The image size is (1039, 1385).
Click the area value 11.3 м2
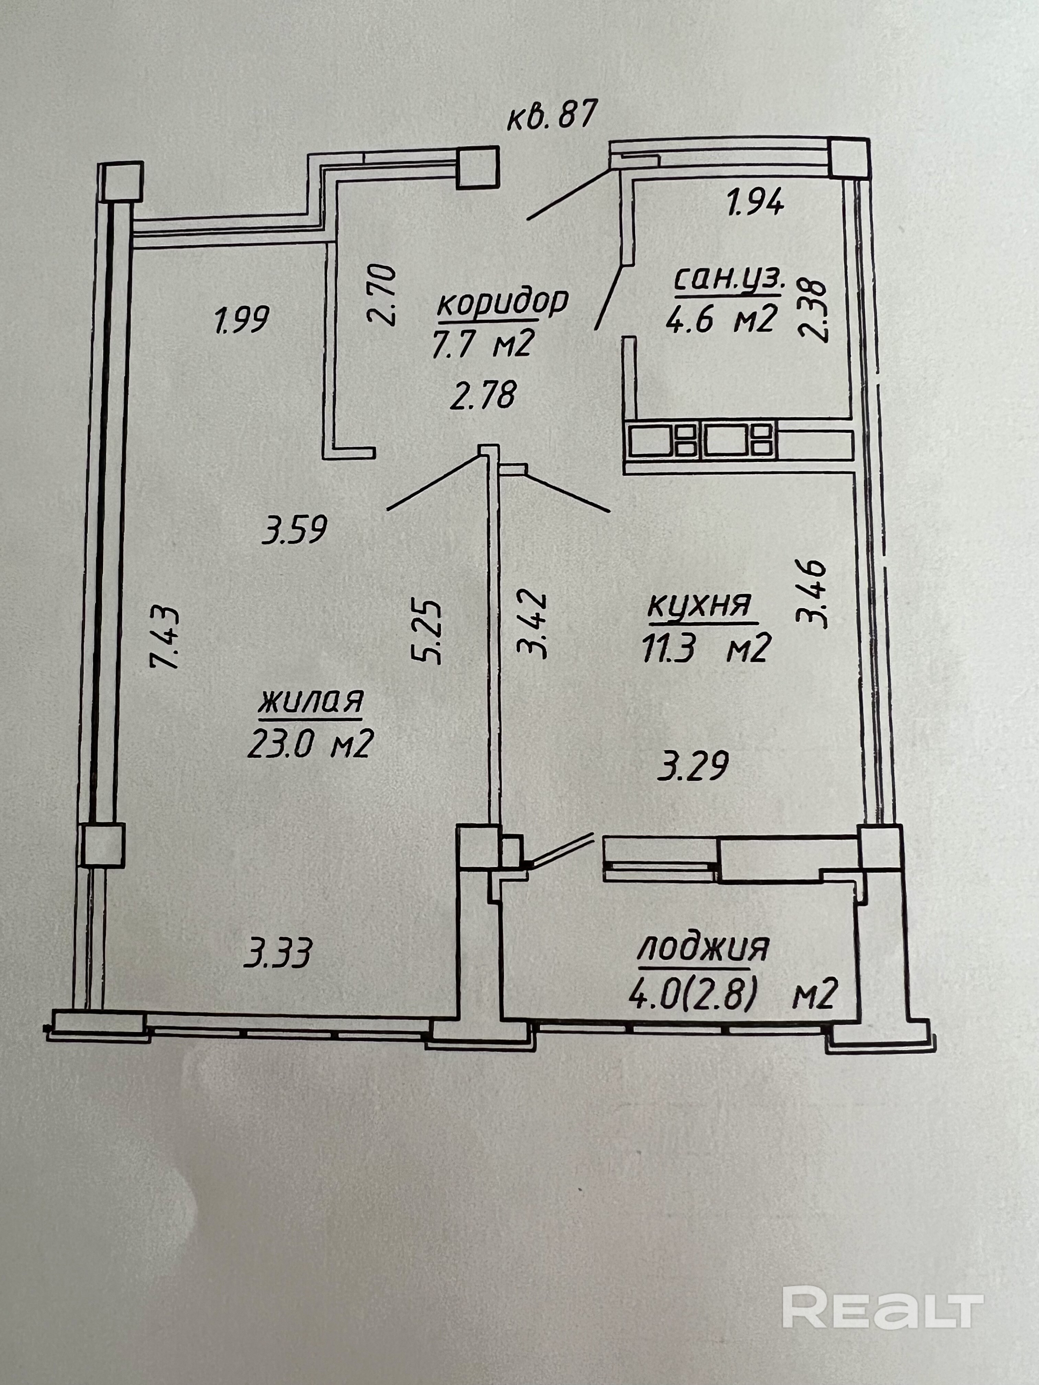tap(704, 648)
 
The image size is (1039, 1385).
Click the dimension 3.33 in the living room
tap(277, 956)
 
